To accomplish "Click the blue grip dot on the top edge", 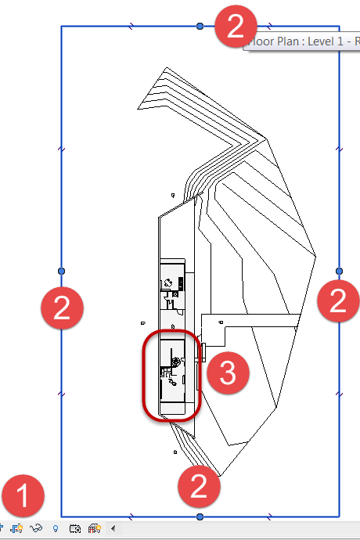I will [200, 26].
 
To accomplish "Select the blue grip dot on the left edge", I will [62, 271].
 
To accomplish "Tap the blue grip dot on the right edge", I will [339, 270].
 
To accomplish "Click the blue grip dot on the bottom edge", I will [200, 517].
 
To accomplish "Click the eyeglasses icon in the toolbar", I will [37, 528].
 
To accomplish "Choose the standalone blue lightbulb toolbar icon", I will [55, 528].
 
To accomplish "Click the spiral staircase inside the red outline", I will [176, 362].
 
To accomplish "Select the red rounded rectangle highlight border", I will [142, 376].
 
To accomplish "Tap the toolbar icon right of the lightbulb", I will [76, 528].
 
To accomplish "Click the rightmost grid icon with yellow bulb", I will [95, 528].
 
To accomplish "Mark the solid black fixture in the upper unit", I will [181, 283].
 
